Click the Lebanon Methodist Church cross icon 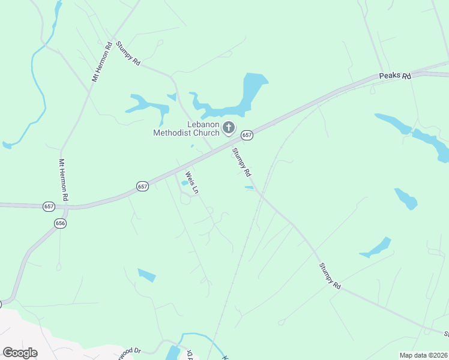coord(228,127)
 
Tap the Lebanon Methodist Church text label coord(186,128)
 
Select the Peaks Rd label coord(395,76)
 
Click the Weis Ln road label coord(191,182)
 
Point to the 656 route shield coord(60,223)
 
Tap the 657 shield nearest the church coord(247,136)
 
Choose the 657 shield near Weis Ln coord(142,187)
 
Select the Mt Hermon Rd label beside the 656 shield coord(62,179)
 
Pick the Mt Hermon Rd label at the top coord(102,62)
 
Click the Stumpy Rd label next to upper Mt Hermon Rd coord(128,53)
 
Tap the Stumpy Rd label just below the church coord(241,162)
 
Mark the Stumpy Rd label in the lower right coord(330,277)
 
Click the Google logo coord(20,352)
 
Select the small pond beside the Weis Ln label coord(184,183)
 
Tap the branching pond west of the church coord(147,104)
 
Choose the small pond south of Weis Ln coord(146,275)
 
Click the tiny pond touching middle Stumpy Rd coord(249,188)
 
